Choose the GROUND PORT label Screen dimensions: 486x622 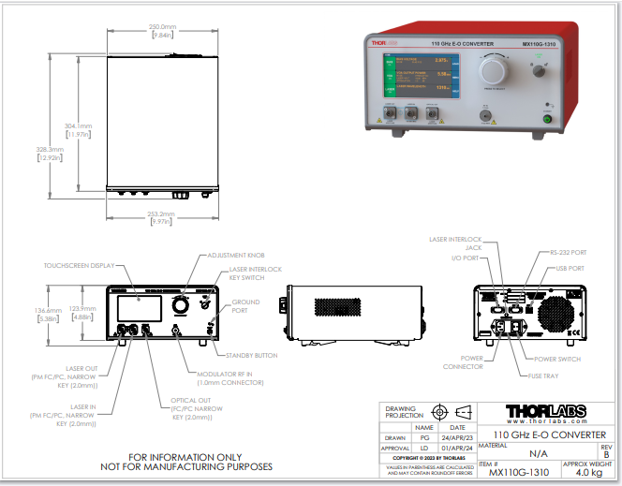click(x=245, y=306)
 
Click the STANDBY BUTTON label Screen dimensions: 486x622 click(x=252, y=355)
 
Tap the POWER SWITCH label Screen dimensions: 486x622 click(x=556, y=359)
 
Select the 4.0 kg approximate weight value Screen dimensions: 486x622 click(x=588, y=473)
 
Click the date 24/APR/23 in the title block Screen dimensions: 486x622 click(x=458, y=436)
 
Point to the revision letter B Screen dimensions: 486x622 click(x=605, y=454)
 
